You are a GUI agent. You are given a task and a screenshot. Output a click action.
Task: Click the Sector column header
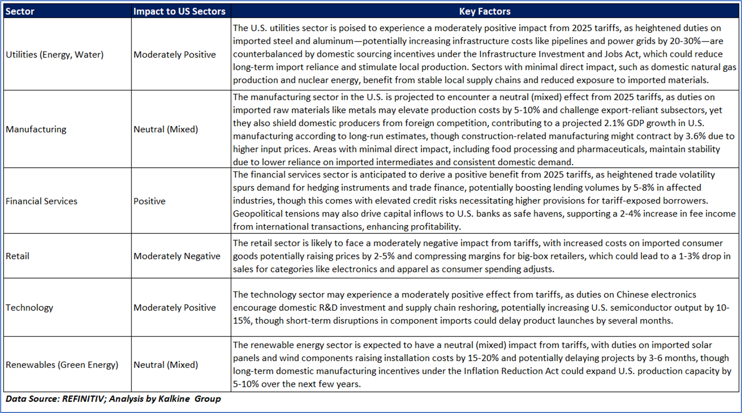pyautogui.click(x=20, y=11)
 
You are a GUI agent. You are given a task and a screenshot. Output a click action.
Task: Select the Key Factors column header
pyautogui.click(x=484, y=11)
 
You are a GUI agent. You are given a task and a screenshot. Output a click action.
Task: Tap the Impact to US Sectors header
pyautogui.click(x=179, y=11)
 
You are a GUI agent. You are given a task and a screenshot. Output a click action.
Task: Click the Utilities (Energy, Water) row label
pyautogui.click(x=54, y=54)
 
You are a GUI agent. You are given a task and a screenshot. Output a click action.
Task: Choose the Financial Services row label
pyautogui.click(x=42, y=201)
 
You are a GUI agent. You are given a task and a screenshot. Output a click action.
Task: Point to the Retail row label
pyautogui.click(x=17, y=256)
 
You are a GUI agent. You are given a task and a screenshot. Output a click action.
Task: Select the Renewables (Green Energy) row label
pyautogui.click(x=62, y=365)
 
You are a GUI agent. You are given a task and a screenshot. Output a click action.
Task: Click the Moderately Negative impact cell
pyautogui.click(x=177, y=256)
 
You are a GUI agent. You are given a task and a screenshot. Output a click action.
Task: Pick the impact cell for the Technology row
pyautogui.click(x=175, y=308)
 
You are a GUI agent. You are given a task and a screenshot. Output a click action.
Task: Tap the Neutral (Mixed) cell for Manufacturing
pyautogui.click(x=166, y=129)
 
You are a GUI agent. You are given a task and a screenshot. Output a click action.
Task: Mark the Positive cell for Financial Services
pyautogui.click(x=150, y=201)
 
